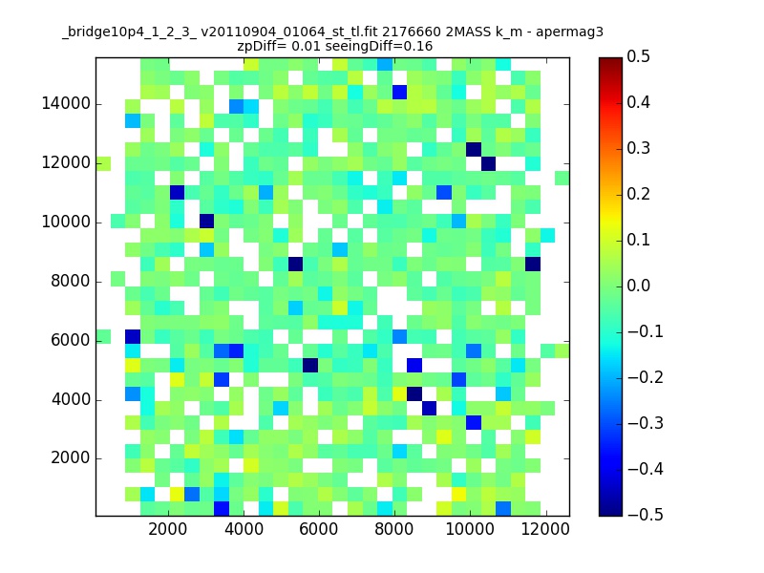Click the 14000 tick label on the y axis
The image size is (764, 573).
coord(66,104)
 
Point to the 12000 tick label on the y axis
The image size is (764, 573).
coord(66,162)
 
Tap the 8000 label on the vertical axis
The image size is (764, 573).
coord(70,281)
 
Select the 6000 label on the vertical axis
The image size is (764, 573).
coord(70,340)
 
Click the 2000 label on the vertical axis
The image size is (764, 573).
coord(70,458)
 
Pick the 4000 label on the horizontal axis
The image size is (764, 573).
coord(244,529)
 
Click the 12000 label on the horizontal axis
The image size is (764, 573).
coord(545,529)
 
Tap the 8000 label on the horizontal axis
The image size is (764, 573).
coord(394,529)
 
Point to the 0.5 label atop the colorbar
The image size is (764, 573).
coord(638,56)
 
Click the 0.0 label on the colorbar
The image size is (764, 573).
coord(638,286)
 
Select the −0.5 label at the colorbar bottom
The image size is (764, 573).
coord(646,515)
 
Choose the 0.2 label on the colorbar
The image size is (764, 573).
coord(638,195)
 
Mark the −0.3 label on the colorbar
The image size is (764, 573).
coord(646,423)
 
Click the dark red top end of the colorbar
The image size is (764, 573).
coord(610,60)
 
